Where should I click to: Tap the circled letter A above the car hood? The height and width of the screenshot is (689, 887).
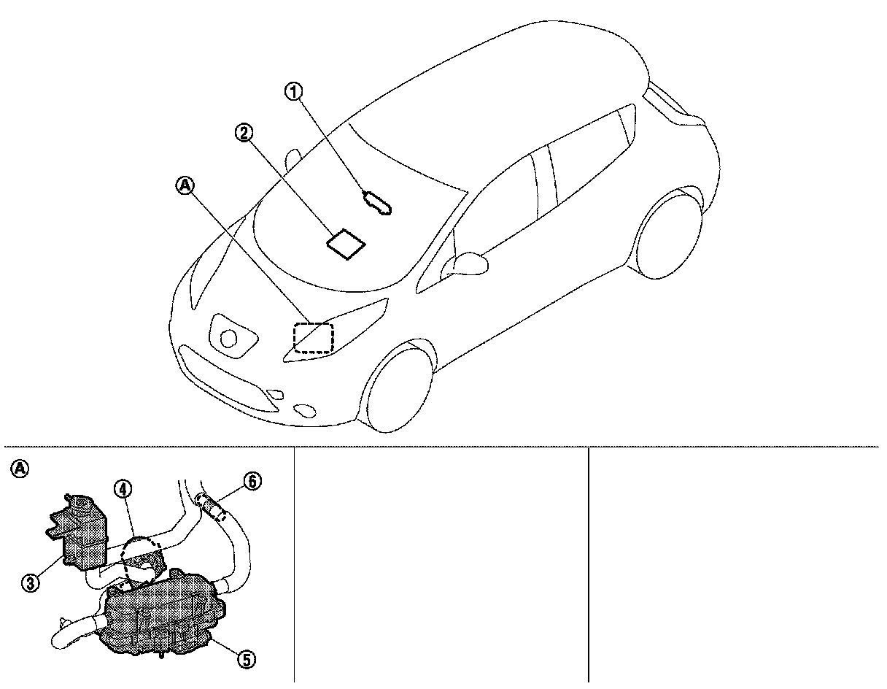click(x=185, y=187)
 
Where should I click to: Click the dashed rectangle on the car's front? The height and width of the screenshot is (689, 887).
click(x=313, y=338)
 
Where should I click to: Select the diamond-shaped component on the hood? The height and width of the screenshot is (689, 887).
click(x=346, y=243)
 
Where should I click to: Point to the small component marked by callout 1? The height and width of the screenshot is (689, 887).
click(x=378, y=203)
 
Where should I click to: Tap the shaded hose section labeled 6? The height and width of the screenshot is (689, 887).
click(x=210, y=506)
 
